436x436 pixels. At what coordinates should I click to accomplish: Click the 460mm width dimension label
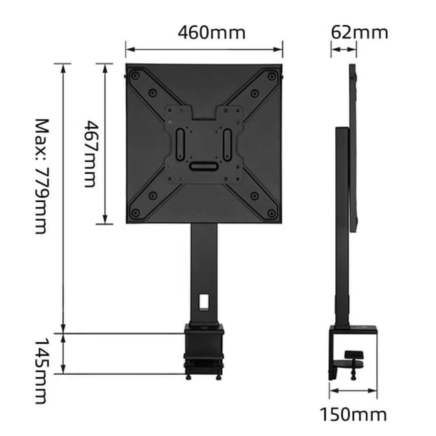click(211, 33)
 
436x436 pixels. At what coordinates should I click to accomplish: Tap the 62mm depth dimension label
click(359, 32)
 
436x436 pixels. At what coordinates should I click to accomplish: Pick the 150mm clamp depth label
click(353, 414)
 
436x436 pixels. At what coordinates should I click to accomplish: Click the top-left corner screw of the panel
click(136, 76)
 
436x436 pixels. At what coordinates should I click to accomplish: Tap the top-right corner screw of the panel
click(272, 76)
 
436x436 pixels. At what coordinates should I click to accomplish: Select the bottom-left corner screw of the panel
click(136, 213)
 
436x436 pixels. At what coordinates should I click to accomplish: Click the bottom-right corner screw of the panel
click(272, 213)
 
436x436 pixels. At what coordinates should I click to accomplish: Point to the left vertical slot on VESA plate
click(179, 144)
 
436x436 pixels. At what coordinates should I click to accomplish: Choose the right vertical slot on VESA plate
click(227, 144)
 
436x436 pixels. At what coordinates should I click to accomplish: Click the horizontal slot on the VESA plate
click(204, 166)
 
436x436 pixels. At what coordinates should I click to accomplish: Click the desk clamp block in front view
click(204, 349)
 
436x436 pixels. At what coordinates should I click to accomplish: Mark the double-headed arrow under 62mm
click(344, 50)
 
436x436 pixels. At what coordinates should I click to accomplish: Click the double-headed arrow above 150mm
click(353, 390)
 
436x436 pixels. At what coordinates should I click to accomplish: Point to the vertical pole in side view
click(342, 227)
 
